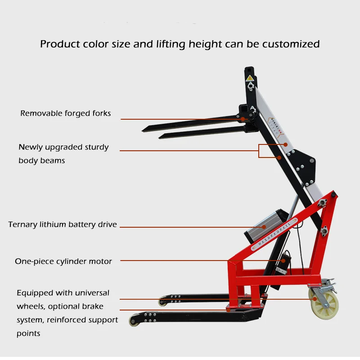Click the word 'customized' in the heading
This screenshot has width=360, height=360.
coord(291,44)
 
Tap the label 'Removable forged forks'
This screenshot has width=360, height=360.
coord(65,113)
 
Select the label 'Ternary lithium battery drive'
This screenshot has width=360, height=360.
coord(63,224)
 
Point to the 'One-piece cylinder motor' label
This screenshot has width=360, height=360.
coord(63,261)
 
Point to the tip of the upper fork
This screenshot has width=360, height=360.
coord(145,130)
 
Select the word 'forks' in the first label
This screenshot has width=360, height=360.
coord(100,113)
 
